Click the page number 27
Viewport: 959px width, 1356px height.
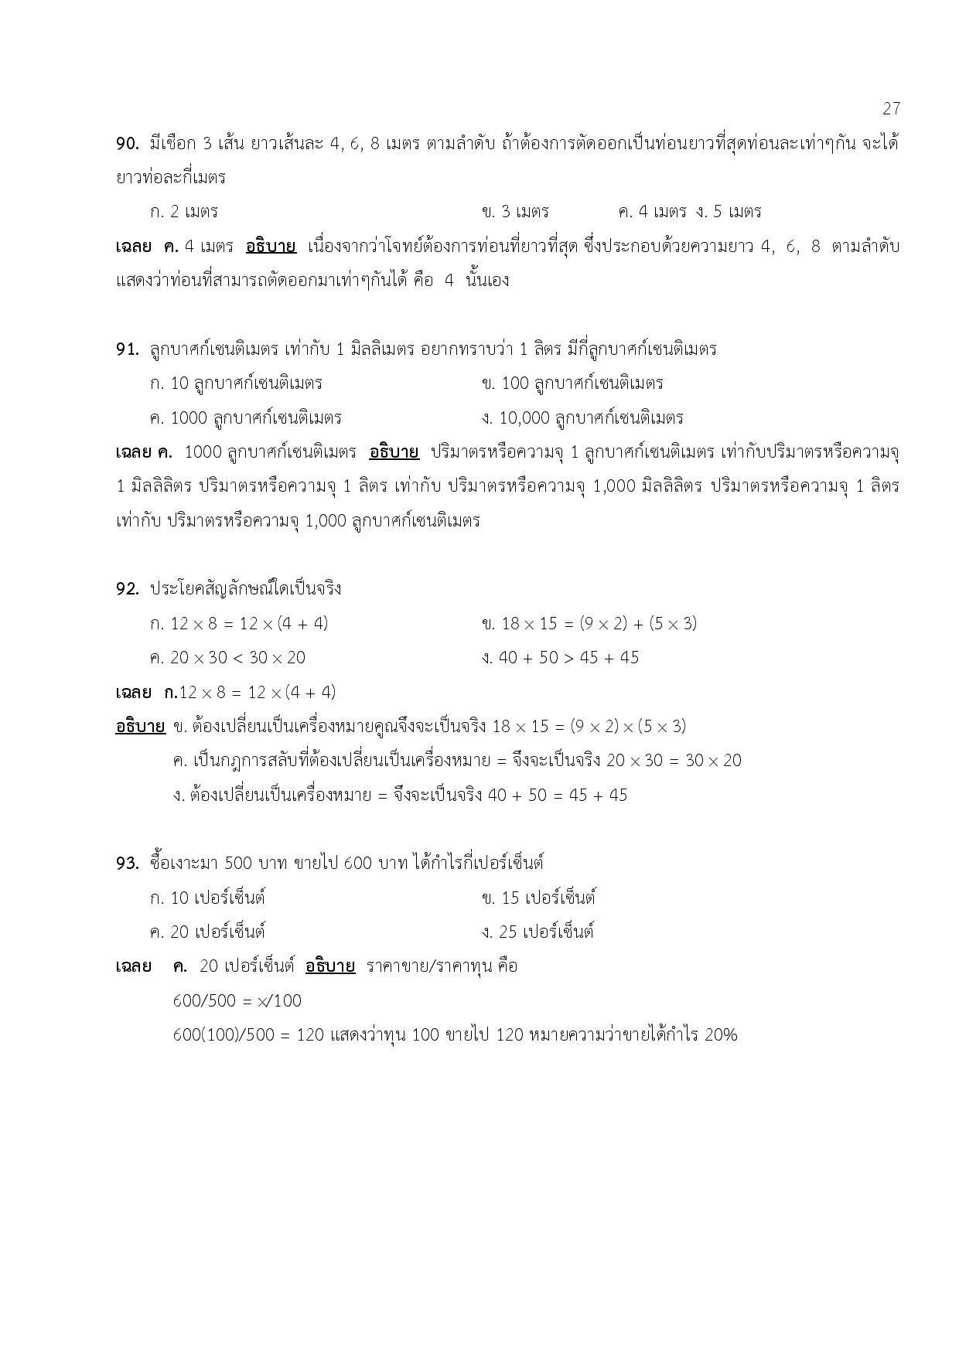point(891,108)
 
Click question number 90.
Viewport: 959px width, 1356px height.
point(127,144)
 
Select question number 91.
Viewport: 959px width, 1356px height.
point(127,349)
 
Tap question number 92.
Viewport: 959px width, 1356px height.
point(127,589)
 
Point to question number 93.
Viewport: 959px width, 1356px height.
point(127,864)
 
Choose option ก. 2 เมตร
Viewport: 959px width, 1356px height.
point(184,212)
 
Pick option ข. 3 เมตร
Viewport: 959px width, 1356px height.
point(515,212)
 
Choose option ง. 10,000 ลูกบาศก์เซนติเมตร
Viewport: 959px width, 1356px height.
point(582,418)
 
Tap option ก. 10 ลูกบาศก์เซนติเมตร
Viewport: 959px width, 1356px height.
point(236,383)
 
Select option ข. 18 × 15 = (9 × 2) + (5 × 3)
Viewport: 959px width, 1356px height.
point(589,624)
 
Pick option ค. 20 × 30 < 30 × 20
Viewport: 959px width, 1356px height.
point(227,658)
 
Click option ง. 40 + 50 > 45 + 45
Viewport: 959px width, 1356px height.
point(560,658)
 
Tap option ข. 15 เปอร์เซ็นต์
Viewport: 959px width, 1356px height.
point(538,898)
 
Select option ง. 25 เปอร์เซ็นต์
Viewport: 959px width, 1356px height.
point(538,932)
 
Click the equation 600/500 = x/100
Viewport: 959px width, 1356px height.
point(237,1001)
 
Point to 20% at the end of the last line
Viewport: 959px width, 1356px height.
point(721,1035)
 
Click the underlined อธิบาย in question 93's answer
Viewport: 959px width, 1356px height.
point(330,966)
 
